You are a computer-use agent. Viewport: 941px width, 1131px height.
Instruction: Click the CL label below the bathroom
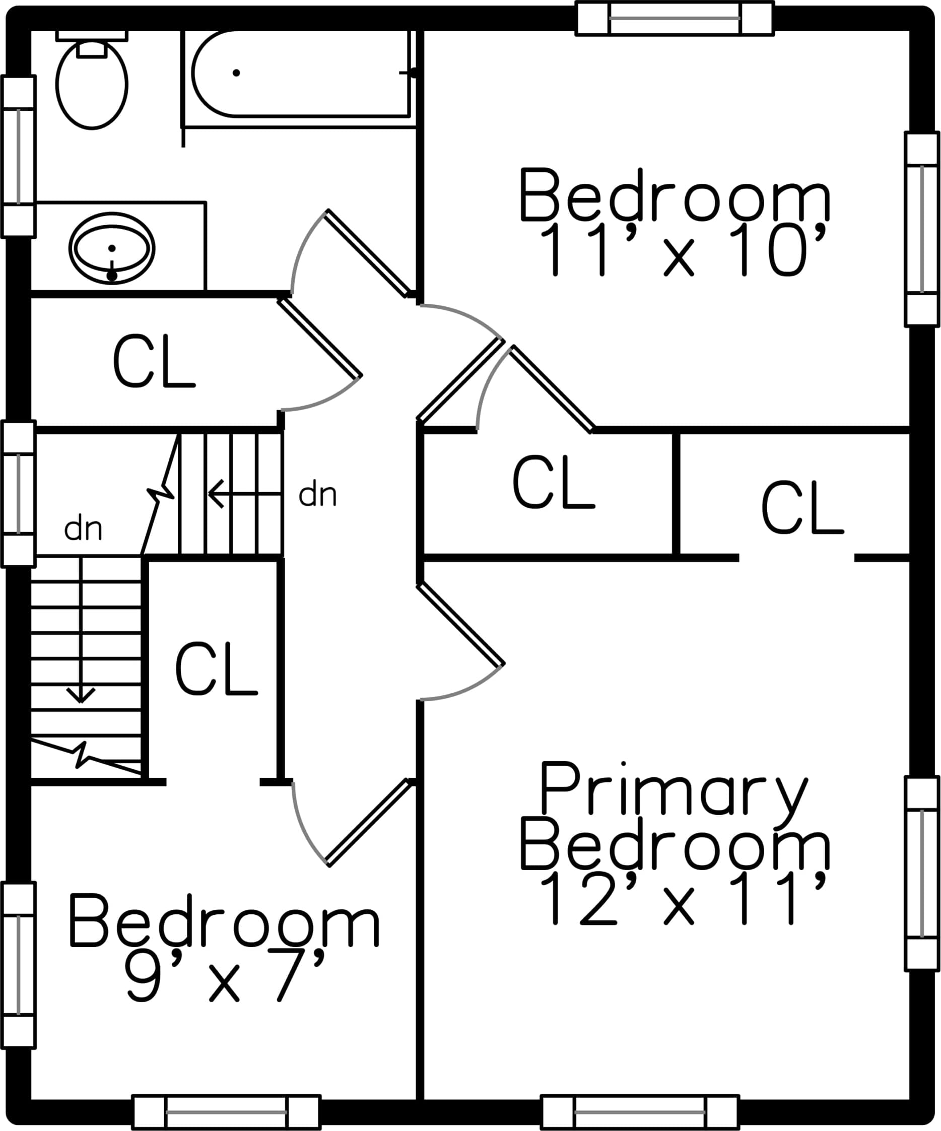pyautogui.click(x=154, y=361)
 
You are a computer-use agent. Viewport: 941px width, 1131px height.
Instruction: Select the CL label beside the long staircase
pyautogui.click(x=216, y=669)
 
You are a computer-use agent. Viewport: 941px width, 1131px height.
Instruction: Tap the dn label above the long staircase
pyautogui.click(x=83, y=529)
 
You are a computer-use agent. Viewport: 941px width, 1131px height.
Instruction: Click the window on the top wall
pyautogui.click(x=675, y=18)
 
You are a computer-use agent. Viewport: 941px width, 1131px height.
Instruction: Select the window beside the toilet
pyautogui.click(x=18, y=156)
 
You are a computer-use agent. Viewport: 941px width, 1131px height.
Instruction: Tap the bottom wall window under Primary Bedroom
pyautogui.click(x=640, y=1112)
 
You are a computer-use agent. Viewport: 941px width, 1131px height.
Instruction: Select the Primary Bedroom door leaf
pyautogui.click(x=461, y=625)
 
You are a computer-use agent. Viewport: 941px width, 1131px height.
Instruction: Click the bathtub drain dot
pyautogui.click(x=236, y=73)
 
